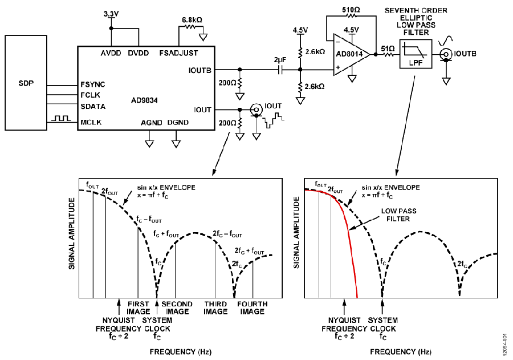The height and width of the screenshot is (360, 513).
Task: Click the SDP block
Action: tap(26, 83)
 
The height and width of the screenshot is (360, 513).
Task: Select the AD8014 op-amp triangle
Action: tap(351, 54)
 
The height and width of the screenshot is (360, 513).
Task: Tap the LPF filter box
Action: tap(416, 54)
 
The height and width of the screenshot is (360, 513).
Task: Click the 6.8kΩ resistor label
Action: tap(192, 20)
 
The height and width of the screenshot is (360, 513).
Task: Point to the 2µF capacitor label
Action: tap(280, 60)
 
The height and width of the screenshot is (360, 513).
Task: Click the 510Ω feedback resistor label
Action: tap(351, 10)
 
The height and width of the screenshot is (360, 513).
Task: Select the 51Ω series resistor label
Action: tap(388, 49)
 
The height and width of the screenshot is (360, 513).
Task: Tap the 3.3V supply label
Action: tap(111, 14)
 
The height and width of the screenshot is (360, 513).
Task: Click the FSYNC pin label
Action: tap(93, 84)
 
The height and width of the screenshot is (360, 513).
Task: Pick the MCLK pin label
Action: tap(91, 123)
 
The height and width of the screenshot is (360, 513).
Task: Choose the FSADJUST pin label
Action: tap(178, 53)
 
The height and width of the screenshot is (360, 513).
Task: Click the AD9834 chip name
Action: tap(144, 100)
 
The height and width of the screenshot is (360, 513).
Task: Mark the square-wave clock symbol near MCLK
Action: tap(61, 118)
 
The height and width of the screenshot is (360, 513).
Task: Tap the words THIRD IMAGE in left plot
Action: tap(215, 308)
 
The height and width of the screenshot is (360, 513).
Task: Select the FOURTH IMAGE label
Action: tap(253, 308)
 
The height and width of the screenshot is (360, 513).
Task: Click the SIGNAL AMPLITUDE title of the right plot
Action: tap(296, 233)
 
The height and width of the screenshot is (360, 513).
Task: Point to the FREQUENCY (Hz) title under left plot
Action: tap(181, 352)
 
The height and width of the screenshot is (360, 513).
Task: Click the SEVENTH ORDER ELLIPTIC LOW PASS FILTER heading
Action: tap(416, 22)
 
